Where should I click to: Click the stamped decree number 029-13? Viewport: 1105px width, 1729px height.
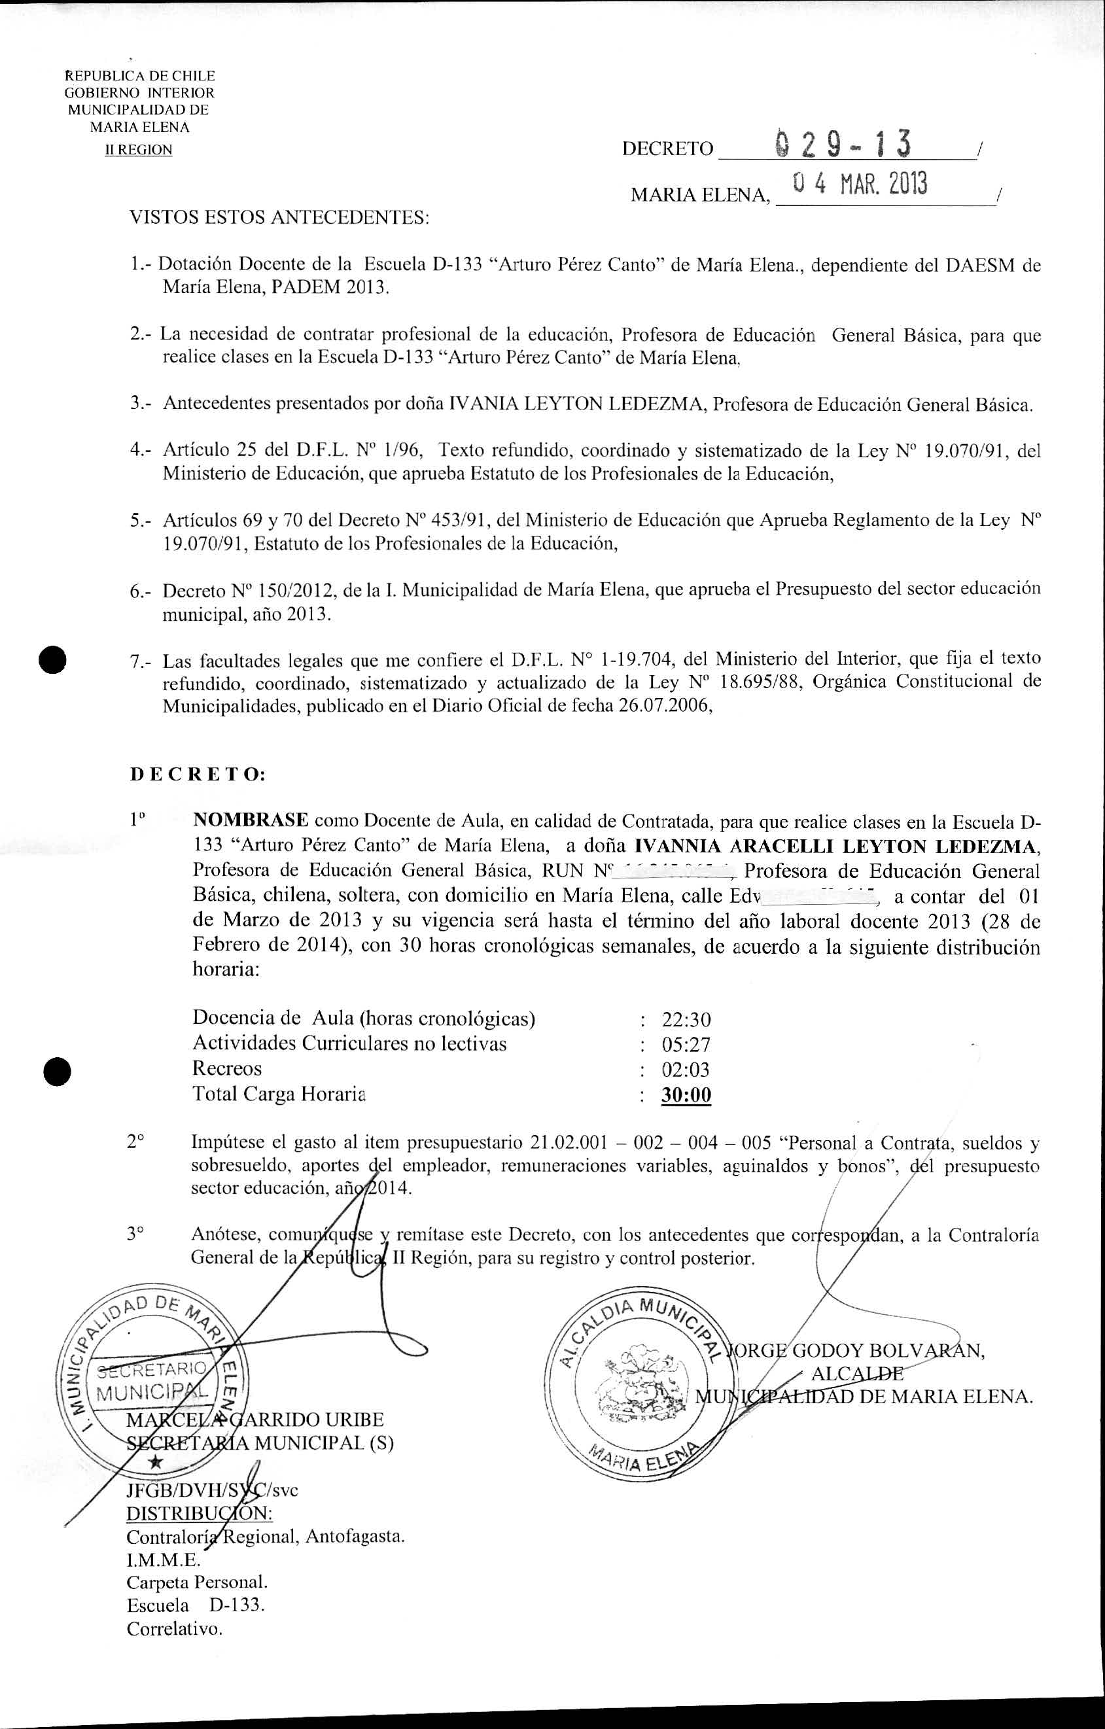[x=844, y=145]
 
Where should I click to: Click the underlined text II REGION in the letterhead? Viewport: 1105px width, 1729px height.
[x=139, y=150]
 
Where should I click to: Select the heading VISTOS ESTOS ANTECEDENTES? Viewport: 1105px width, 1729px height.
[x=279, y=218]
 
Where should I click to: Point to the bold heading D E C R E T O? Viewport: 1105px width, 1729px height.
[x=198, y=775]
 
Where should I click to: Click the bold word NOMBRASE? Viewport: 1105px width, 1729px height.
[x=251, y=820]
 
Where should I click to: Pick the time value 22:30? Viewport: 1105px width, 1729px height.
[x=686, y=1020]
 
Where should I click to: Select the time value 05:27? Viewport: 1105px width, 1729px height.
[x=686, y=1045]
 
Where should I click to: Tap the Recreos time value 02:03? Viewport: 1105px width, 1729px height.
[x=686, y=1070]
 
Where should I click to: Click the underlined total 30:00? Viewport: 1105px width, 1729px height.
[x=686, y=1095]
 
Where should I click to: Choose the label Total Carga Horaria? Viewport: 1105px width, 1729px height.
[x=279, y=1094]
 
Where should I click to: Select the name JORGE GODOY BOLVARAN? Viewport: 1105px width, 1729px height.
[x=854, y=1350]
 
